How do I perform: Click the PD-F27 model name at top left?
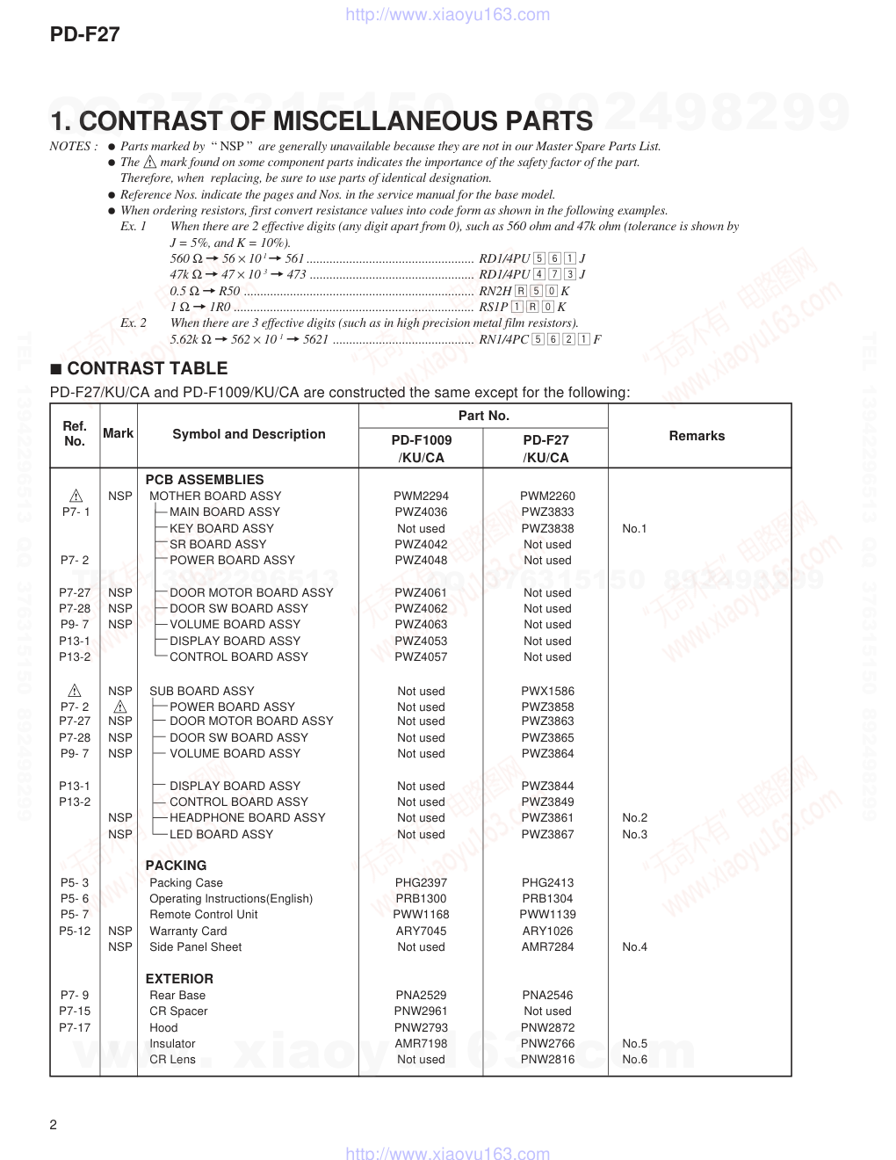coord(85,35)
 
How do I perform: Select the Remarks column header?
coord(697,436)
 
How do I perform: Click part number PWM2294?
coord(421,496)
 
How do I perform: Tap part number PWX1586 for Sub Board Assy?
coord(547,691)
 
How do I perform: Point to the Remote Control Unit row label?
coord(203,914)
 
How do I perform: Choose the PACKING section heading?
coord(176,866)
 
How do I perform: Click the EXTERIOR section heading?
coord(179,979)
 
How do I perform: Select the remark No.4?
coord(634,946)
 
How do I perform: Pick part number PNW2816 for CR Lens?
coord(547,1059)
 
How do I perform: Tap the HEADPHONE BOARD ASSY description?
coord(247,817)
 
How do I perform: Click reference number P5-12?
coord(75,931)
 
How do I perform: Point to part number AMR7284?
coord(547,946)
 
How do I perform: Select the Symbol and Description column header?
coord(249,434)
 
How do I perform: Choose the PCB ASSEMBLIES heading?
coord(204,480)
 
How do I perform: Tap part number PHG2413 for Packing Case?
coord(547,882)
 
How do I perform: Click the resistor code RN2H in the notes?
coord(495,291)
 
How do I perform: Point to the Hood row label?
coord(163,1027)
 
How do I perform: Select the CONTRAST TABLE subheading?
coord(147,369)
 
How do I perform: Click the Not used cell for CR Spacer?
coord(547,1011)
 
